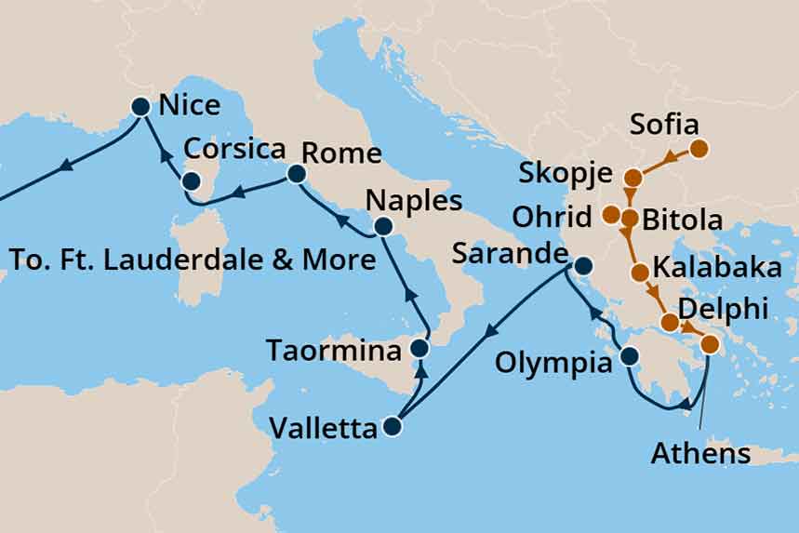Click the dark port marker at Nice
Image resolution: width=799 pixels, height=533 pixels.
pos(140,107)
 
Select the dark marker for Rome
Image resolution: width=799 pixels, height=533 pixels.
pos(296,174)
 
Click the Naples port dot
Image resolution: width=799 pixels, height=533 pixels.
pos(382,226)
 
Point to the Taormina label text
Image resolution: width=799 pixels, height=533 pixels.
pos(333,351)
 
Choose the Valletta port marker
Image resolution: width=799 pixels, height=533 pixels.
pos(392,427)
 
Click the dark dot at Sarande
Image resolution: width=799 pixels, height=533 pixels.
pos(583,266)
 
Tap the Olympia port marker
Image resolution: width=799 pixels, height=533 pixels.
pos(629,355)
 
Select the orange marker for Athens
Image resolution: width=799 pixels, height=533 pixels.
pos(710,344)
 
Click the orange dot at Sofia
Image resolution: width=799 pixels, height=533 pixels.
pos(699,148)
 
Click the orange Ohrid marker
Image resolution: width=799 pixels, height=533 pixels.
pos(611,216)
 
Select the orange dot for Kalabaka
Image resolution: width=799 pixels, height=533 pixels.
pos(640,273)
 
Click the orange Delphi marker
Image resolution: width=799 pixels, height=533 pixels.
pos(669,323)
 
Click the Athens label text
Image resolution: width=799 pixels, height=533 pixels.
pos(700,454)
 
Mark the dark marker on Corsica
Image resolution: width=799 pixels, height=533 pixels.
pos(191,181)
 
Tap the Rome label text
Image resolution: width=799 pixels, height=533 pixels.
pos(341,153)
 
